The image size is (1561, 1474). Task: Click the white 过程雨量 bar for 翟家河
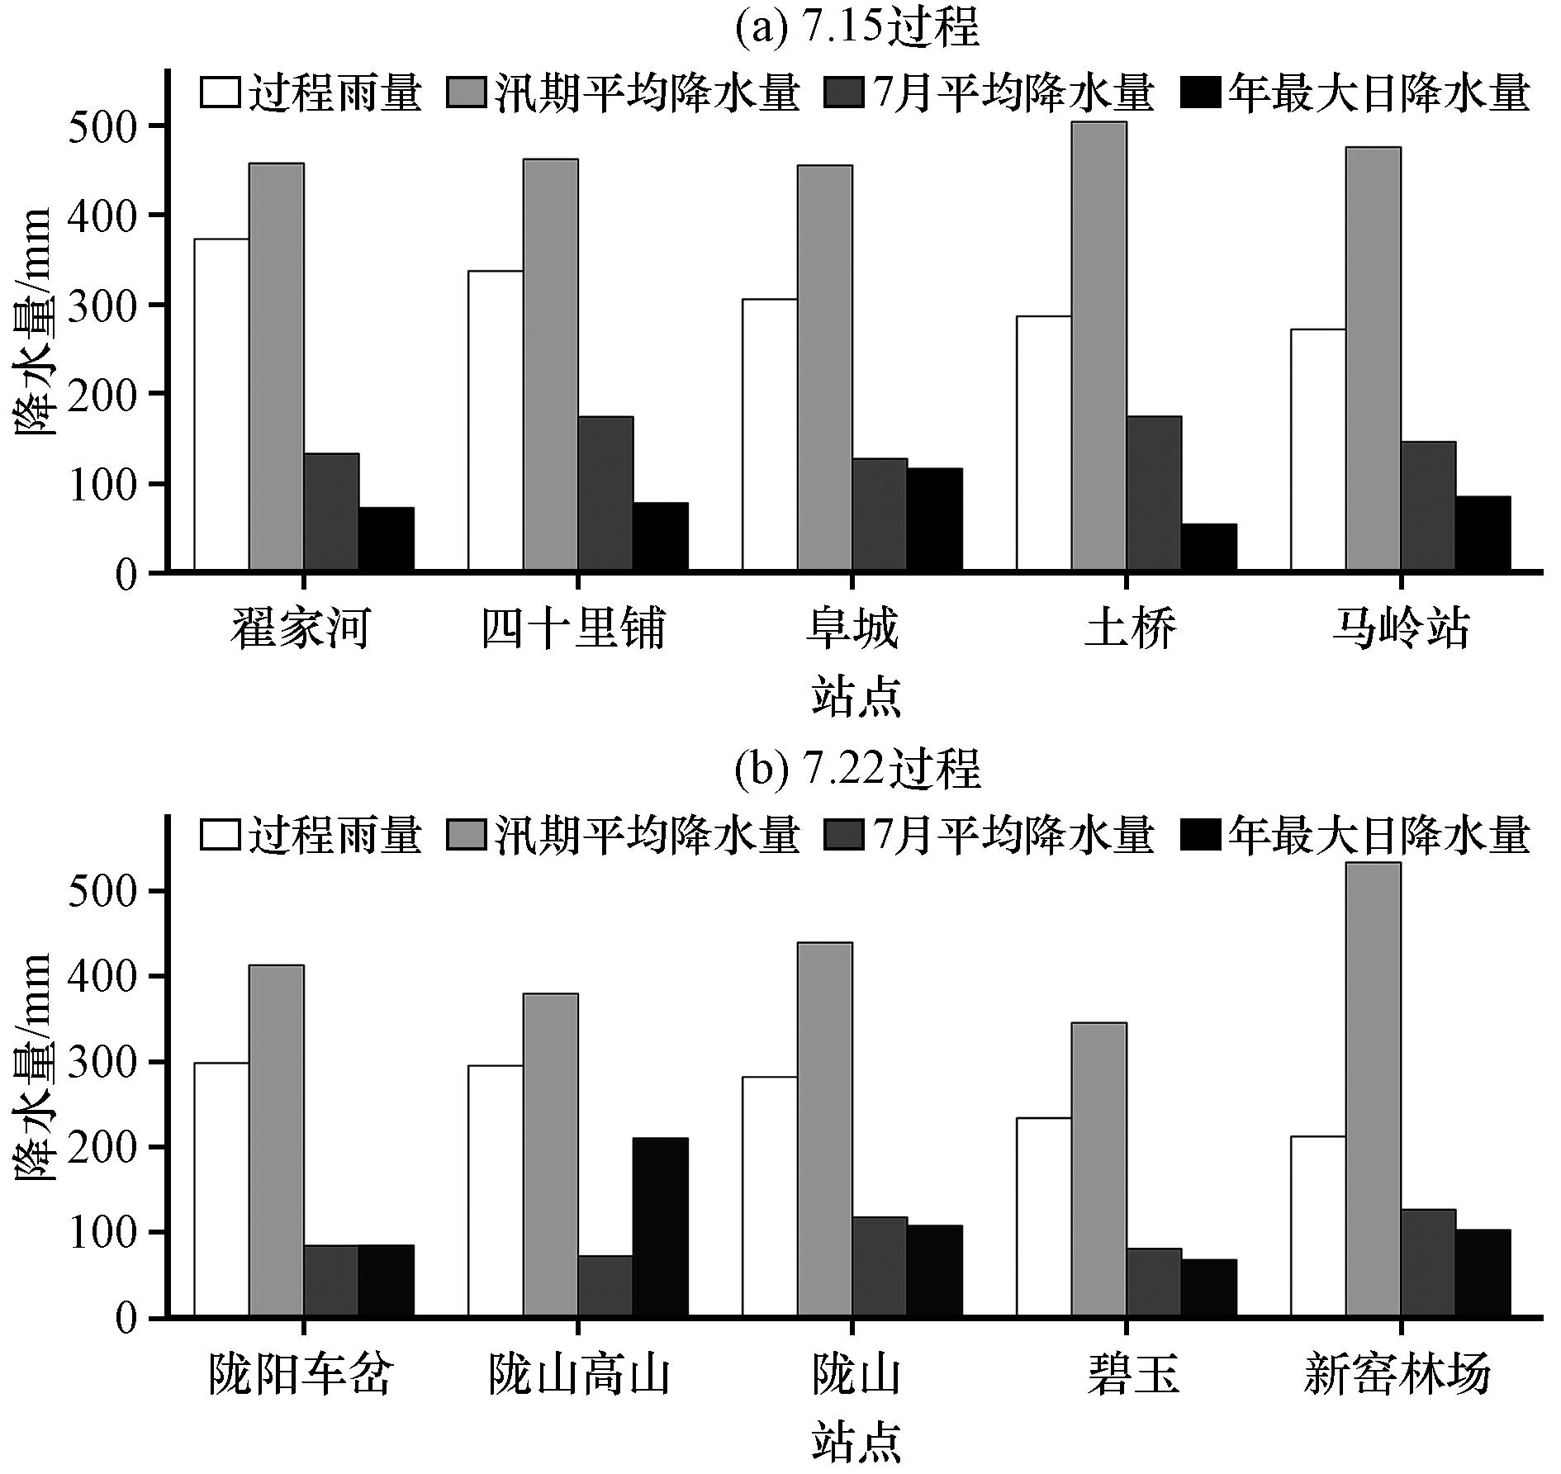(221, 405)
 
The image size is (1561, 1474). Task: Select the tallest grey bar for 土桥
(1098, 347)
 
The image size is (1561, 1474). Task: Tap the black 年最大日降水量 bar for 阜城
(934, 519)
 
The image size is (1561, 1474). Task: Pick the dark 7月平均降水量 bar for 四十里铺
(605, 493)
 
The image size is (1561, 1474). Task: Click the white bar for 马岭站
(1318, 450)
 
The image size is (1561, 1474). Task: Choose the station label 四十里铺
(573, 630)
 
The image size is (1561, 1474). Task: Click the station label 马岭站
(1401, 630)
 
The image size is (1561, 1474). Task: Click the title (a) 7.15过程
(856, 27)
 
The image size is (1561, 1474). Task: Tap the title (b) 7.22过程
(856, 770)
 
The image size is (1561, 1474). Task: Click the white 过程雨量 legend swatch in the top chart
(220, 93)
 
